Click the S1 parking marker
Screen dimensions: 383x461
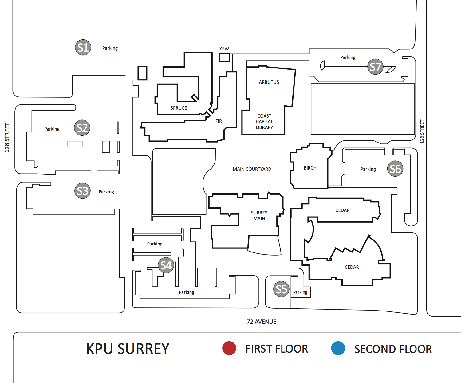click(83, 47)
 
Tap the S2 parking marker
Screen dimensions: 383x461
click(82, 128)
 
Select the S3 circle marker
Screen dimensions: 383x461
click(82, 191)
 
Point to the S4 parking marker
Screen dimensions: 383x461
click(166, 265)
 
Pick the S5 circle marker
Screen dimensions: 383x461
click(281, 289)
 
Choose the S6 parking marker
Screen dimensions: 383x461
click(395, 169)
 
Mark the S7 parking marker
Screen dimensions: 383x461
click(375, 67)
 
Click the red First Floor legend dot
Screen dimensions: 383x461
click(229, 348)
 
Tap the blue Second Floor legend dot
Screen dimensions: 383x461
click(338, 348)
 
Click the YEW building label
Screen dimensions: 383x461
click(224, 49)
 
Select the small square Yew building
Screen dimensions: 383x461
click(224, 57)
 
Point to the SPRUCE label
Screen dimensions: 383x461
click(179, 108)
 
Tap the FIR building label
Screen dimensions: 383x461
click(219, 121)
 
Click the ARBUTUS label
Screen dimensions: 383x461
click(269, 82)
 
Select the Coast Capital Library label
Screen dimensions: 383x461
click(264, 122)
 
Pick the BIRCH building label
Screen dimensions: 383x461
click(310, 168)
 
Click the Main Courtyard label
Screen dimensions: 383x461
click(252, 169)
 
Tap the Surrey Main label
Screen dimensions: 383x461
click(259, 216)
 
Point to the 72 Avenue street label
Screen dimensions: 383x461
click(262, 322)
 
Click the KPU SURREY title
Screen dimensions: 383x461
click(128, 349)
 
